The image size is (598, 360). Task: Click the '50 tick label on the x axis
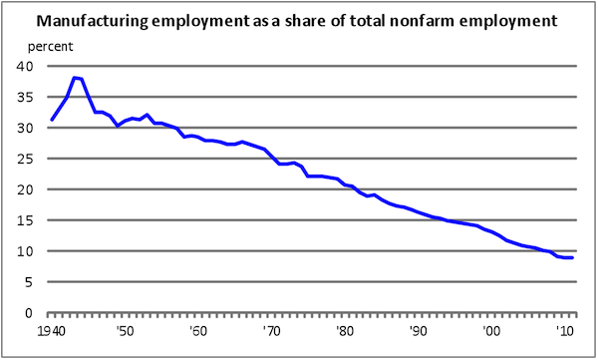click(x=124, y=331)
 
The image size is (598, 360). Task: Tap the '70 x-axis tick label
click(x=270, y=331)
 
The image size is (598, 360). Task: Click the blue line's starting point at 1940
click(x=52, y=120)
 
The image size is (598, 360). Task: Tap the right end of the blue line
click(x=572, y=258)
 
